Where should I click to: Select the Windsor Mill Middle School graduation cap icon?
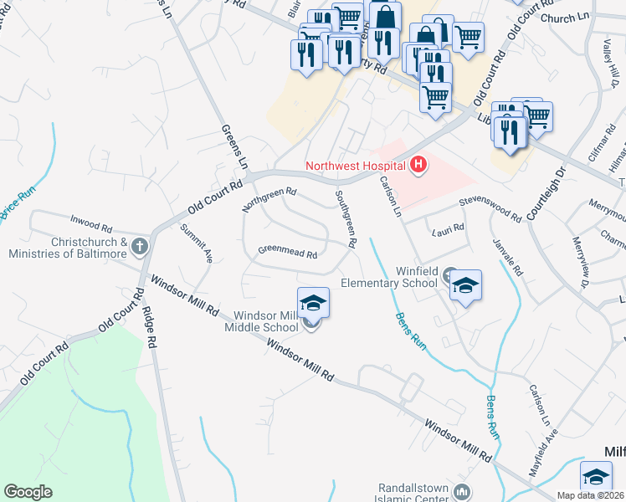click(313, 302)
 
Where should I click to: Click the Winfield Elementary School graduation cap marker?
click(465, 286)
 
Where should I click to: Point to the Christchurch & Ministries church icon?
click(140, 247)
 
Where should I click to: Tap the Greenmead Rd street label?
click(288, 250)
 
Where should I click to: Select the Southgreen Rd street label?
click(346, 219)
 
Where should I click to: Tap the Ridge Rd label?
click(148, 325)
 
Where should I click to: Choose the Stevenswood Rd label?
click(490, 210)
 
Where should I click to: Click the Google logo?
click(28, 492)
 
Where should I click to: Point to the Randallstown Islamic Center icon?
click(460, 490)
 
